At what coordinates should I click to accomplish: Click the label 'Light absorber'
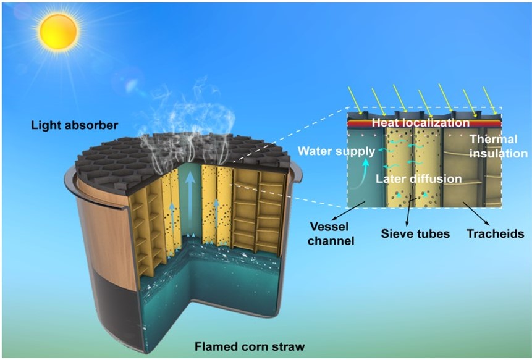tap(75, 125)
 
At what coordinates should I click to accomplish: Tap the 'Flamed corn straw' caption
tap(250, 347)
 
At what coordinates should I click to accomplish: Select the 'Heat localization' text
tap(421, 122)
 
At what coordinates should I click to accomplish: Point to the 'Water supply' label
tap(337, 151)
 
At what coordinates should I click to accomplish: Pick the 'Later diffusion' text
tap(419, 178)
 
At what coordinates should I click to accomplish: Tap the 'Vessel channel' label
tap(331, 233)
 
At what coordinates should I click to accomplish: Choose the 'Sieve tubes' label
tap(415, 233)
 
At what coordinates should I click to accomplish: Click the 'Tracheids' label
tap(496, 233)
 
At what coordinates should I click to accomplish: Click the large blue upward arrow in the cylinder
tap(190, 200)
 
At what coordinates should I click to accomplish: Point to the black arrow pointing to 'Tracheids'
tap(476, 214)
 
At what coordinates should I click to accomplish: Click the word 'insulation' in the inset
tap(499, 154)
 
